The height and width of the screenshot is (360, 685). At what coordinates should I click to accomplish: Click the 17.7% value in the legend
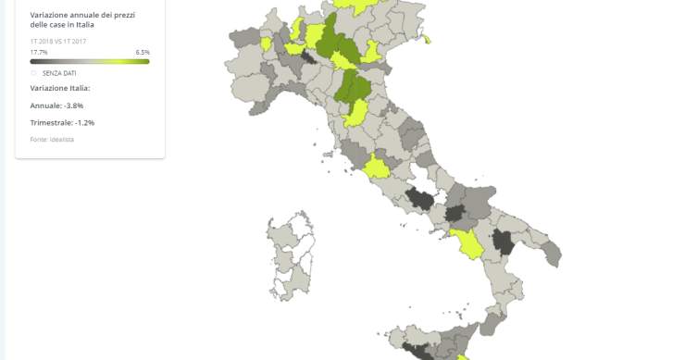38,52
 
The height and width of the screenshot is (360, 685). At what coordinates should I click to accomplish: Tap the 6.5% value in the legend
143,52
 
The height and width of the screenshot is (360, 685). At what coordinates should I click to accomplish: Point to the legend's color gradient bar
90,61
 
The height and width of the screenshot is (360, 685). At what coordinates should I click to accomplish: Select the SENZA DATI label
59,72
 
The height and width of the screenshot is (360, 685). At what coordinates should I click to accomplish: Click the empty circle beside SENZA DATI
34,72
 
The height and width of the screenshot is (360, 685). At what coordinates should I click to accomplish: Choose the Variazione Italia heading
60,88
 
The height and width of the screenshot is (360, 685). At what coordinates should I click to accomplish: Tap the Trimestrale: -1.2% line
62,122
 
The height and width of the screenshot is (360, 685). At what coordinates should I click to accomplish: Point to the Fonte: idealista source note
52,139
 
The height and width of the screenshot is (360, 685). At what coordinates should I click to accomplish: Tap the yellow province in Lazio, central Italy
378,168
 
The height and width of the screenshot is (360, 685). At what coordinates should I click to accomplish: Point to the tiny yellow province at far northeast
427,39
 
